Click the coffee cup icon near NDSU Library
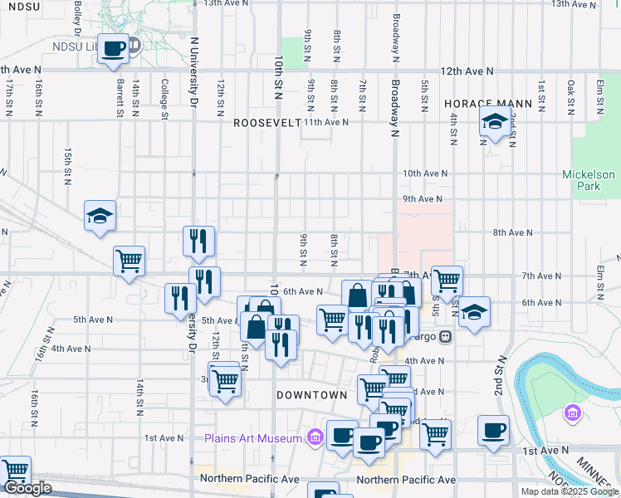[113, 48]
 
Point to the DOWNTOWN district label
[311, 395]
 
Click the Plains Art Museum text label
[253, 437]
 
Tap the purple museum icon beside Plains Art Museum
[314, 437]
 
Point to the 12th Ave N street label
[467, 72]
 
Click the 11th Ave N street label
[326, 122]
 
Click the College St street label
[165, 99]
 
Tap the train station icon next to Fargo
[446, 337]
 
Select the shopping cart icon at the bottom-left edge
[15, 471]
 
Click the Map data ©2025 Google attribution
[570, 491]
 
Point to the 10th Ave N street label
[425, 173]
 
